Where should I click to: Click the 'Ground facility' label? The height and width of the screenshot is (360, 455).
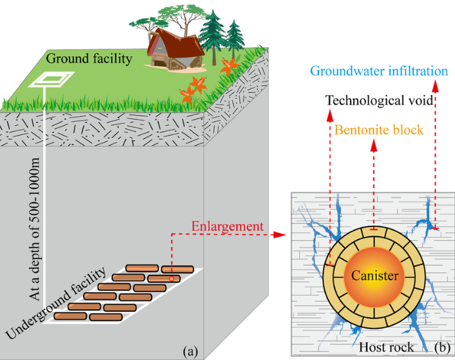[89, 59]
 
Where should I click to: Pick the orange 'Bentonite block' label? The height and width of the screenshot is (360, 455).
[378, 130]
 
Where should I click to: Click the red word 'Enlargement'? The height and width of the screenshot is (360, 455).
[228, 226]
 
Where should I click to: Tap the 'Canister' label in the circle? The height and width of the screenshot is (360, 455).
[375, 275]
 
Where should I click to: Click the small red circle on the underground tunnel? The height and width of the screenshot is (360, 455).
[171, 277]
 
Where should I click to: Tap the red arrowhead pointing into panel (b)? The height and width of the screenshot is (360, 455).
[278, 233]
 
